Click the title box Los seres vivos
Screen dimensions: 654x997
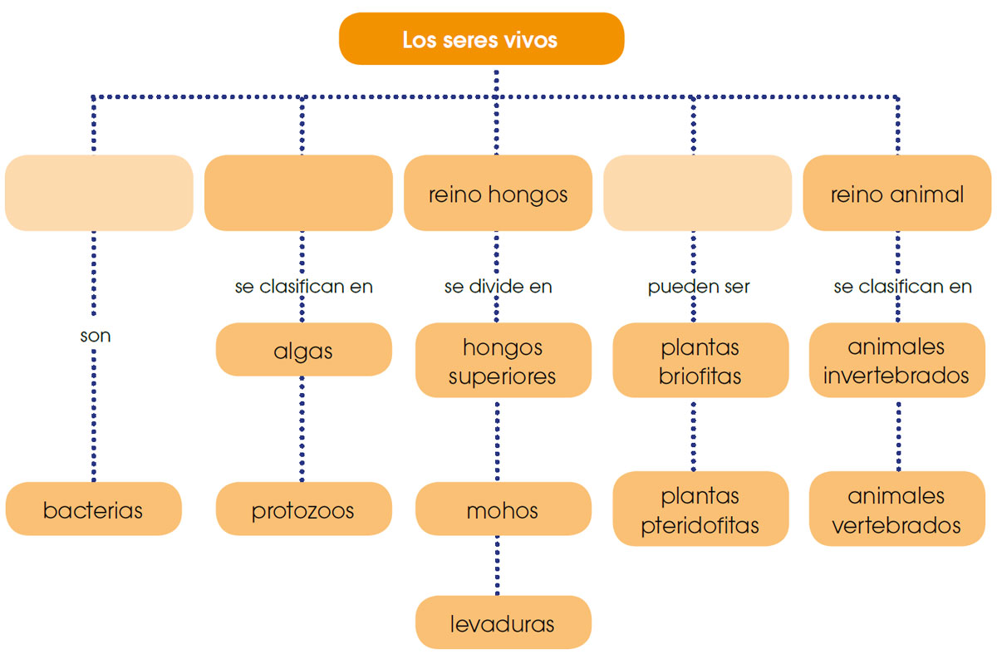[x=480, y=39]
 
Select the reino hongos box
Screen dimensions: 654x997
[x=498, y=194]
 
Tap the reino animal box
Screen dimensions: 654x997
[x=896, y=194]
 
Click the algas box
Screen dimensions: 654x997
[x=303, y=350]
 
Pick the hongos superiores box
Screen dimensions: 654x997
[x=503, y=361]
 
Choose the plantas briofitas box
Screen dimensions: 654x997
[x=700, y=361]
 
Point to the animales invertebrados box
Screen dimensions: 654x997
[x=896, y=361]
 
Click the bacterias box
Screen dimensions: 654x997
[x=93, y=509]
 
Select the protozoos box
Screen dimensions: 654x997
[x=303, y=509]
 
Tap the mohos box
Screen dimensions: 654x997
[x=503, y=509]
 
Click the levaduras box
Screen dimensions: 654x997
[x=503, y=622]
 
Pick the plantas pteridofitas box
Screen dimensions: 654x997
[x=700, y=509]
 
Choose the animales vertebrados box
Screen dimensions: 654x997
[x=896, y=509]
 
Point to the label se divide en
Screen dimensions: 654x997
[x=498, y=287]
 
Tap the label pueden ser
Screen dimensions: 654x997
[x=699, y=287]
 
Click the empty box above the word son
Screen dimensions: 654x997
[x=99, y=193]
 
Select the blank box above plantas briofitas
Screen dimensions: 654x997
[x=697, y=193]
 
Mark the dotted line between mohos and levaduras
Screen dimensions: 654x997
[x=498, y=565]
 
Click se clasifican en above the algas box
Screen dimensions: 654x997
[x=303, y=287]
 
